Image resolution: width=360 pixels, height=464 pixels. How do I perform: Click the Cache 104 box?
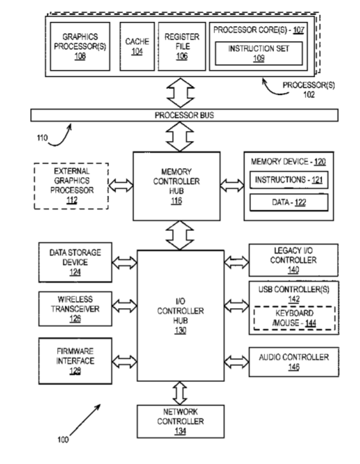(x=137, y=46)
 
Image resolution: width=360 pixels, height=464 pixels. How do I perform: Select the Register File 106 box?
(x=182, y=46)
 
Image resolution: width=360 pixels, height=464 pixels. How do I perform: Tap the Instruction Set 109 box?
(x=259, y=53)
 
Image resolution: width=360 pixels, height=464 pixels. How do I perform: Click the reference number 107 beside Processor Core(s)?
(x=298, y=30)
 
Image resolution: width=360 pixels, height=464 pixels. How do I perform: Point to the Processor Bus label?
(x=184, y=115)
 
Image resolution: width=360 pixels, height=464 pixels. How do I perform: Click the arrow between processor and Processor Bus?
(x=180, y=93)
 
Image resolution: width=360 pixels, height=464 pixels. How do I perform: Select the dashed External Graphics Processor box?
(x=71, y=186)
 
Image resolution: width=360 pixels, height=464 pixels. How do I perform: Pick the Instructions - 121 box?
(x=289, y=180)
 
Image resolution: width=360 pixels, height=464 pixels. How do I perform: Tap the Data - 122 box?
(x=289, y=202)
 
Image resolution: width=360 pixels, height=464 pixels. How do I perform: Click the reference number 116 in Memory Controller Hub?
(x=176, y=201)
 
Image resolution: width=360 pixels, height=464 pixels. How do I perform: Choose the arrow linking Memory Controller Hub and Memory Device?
(x=232, y=186)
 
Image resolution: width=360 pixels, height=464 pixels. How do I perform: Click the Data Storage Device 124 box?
(x=75, y=262)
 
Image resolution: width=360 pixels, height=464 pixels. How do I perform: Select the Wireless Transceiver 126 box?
(x=75, y=309)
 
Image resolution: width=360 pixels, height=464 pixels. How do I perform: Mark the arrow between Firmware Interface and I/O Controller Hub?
(x=124, y=361)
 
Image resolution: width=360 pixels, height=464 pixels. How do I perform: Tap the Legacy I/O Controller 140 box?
(x=293, y=260)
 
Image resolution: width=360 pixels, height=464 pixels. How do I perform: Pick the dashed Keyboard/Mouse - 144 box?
(x=295, y=318)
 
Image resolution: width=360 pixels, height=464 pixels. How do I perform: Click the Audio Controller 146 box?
(x=294, y=362)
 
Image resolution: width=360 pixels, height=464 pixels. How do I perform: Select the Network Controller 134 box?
(x=180, y=422)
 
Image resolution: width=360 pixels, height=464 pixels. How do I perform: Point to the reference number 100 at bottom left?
(x=63, y=440)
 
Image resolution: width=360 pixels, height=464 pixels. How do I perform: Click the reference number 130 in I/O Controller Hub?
(x=180, y=331)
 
